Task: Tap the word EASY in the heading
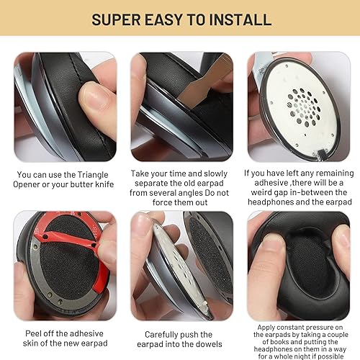tap(165, 19)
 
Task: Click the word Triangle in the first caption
tap(86, 174)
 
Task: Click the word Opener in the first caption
tap(35, 184)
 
